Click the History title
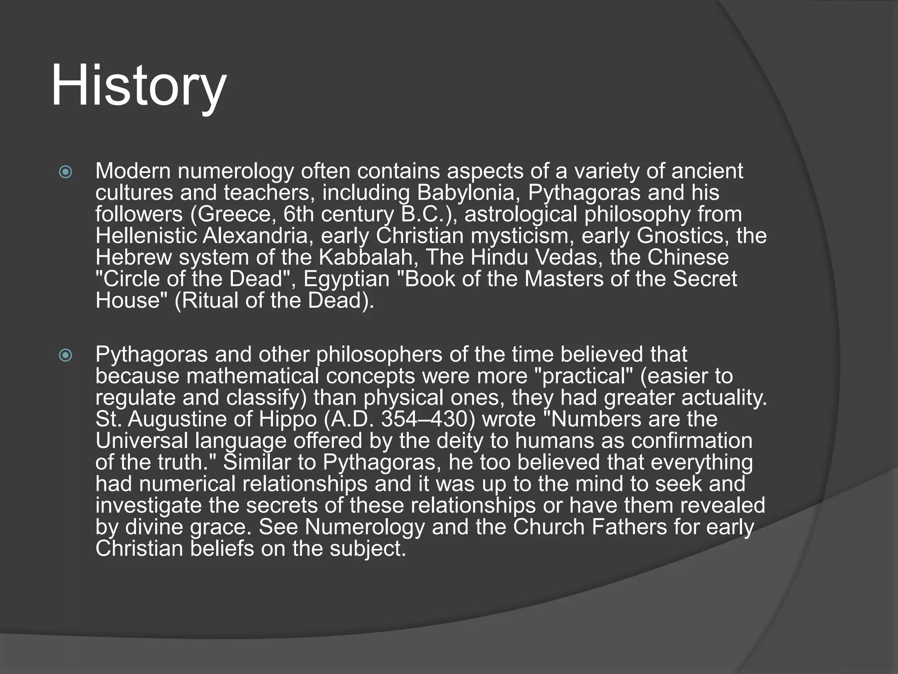[139, 86]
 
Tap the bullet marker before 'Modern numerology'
[65, 172]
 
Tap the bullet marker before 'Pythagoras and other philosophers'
[65, 355]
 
